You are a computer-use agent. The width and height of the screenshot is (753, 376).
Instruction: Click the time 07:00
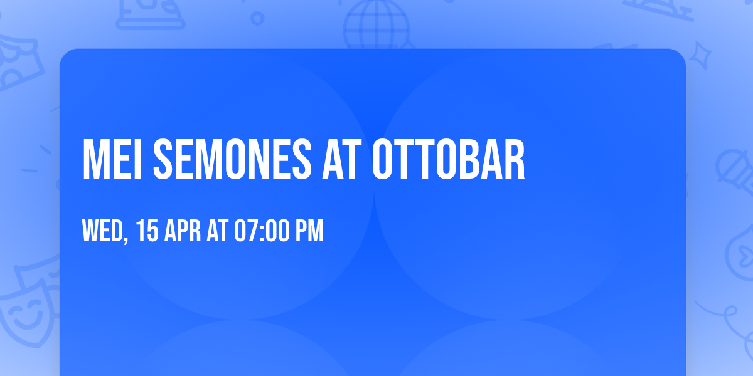pos(262,231)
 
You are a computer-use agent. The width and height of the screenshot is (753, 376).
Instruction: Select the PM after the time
pos(310,231)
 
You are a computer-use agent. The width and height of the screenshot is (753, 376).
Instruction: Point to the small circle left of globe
pos(257,19)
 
